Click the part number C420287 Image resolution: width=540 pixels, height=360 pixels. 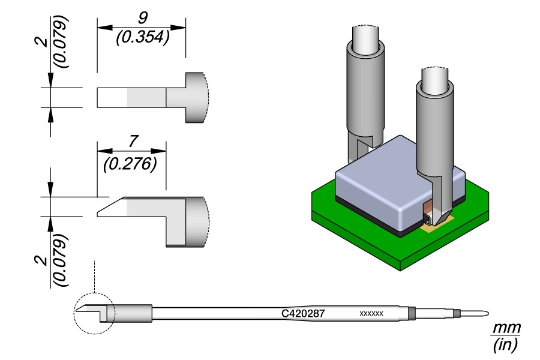pyautogui.click(x=304, y=313)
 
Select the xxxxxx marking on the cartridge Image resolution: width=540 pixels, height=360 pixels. pyautogui.click(x=371, y=314)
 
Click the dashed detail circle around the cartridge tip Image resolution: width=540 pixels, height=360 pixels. pyautogui.click(x=94, y=313)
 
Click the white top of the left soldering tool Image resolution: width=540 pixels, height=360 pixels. pyautogui.click(x=365, y=39)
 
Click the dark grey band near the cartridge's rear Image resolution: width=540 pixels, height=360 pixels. pyautogui.click(x=412, y=313)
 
